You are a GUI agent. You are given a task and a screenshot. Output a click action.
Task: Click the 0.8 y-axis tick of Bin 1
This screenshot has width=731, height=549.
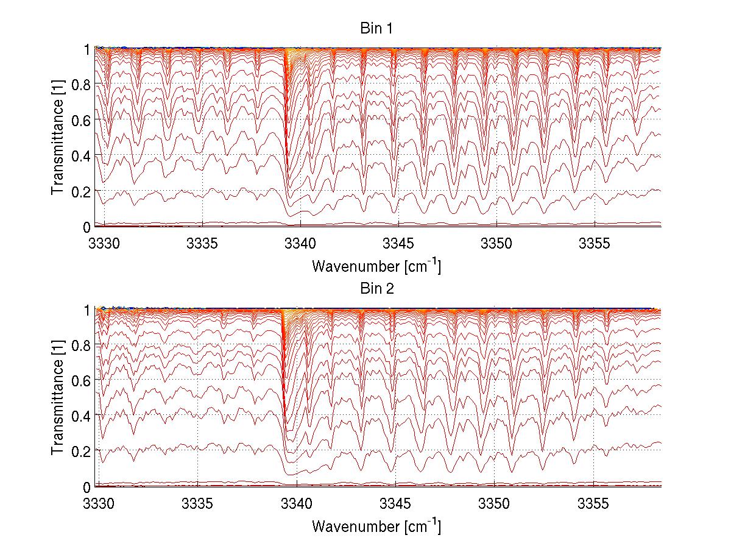click(81, 85)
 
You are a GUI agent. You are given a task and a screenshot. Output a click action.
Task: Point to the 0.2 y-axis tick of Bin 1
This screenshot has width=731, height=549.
click(81, 191)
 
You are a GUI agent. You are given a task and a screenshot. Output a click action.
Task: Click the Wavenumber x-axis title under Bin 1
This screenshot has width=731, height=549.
click(376, 266)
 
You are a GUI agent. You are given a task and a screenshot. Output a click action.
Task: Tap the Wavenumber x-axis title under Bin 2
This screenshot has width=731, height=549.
click(376, 526)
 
